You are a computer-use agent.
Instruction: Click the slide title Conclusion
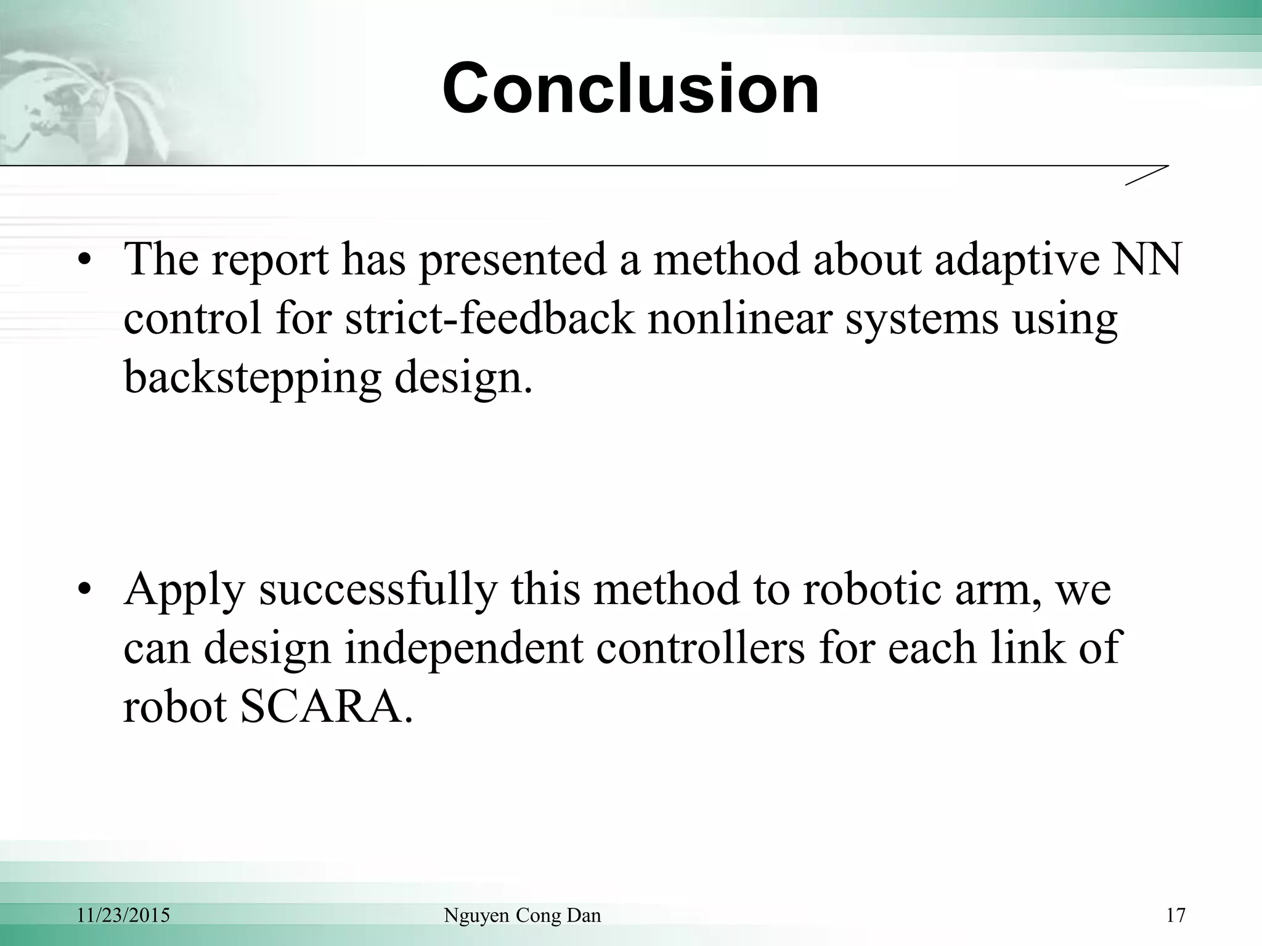coord(630,89)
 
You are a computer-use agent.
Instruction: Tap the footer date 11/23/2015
coord(123,915)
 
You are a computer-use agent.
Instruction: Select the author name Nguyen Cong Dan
coord(522,915)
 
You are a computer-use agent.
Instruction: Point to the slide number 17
coord(1176,915)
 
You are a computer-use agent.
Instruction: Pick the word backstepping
coord(252,377)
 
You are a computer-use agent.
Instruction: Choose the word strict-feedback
coord(489,318)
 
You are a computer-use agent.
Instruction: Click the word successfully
coord(377,589)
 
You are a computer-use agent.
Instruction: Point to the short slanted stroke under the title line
coord(1146,175)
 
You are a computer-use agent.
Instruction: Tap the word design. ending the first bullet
coord(463,377)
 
